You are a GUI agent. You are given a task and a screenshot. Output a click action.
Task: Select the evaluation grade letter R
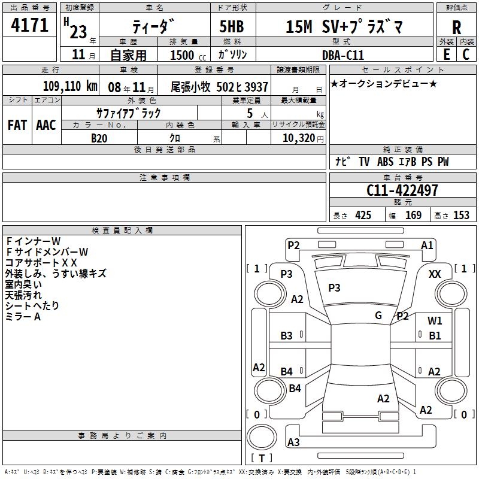click(x=457, y=27)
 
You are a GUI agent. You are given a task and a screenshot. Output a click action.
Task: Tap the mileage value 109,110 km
click(x=70, y=86)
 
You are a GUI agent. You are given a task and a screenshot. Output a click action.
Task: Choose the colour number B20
click(x=99, y=138)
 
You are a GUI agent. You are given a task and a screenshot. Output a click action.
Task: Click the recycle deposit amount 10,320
click(x=298, y=138)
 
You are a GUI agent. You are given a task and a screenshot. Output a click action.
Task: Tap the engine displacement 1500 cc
click(x=184, y=55)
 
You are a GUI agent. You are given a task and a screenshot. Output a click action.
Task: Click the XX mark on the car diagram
click(x=435, y=274)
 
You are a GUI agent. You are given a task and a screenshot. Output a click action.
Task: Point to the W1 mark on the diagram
click(x=435, y=320)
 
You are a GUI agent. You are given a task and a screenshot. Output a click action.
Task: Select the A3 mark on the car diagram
click(x=293, y=442)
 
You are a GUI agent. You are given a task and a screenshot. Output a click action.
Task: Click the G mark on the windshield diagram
click(x=378, y=316)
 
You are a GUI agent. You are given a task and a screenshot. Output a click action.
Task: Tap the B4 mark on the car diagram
click(x=287, y=371)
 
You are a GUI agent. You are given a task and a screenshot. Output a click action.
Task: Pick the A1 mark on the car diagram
click(x=427, y=245)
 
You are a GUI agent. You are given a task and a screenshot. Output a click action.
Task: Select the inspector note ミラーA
click(x=23, y=317)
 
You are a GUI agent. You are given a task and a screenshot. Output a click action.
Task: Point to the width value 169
click(x=413, y=216)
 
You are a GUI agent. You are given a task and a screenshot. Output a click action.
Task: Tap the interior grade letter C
click(x=466, y=54)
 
